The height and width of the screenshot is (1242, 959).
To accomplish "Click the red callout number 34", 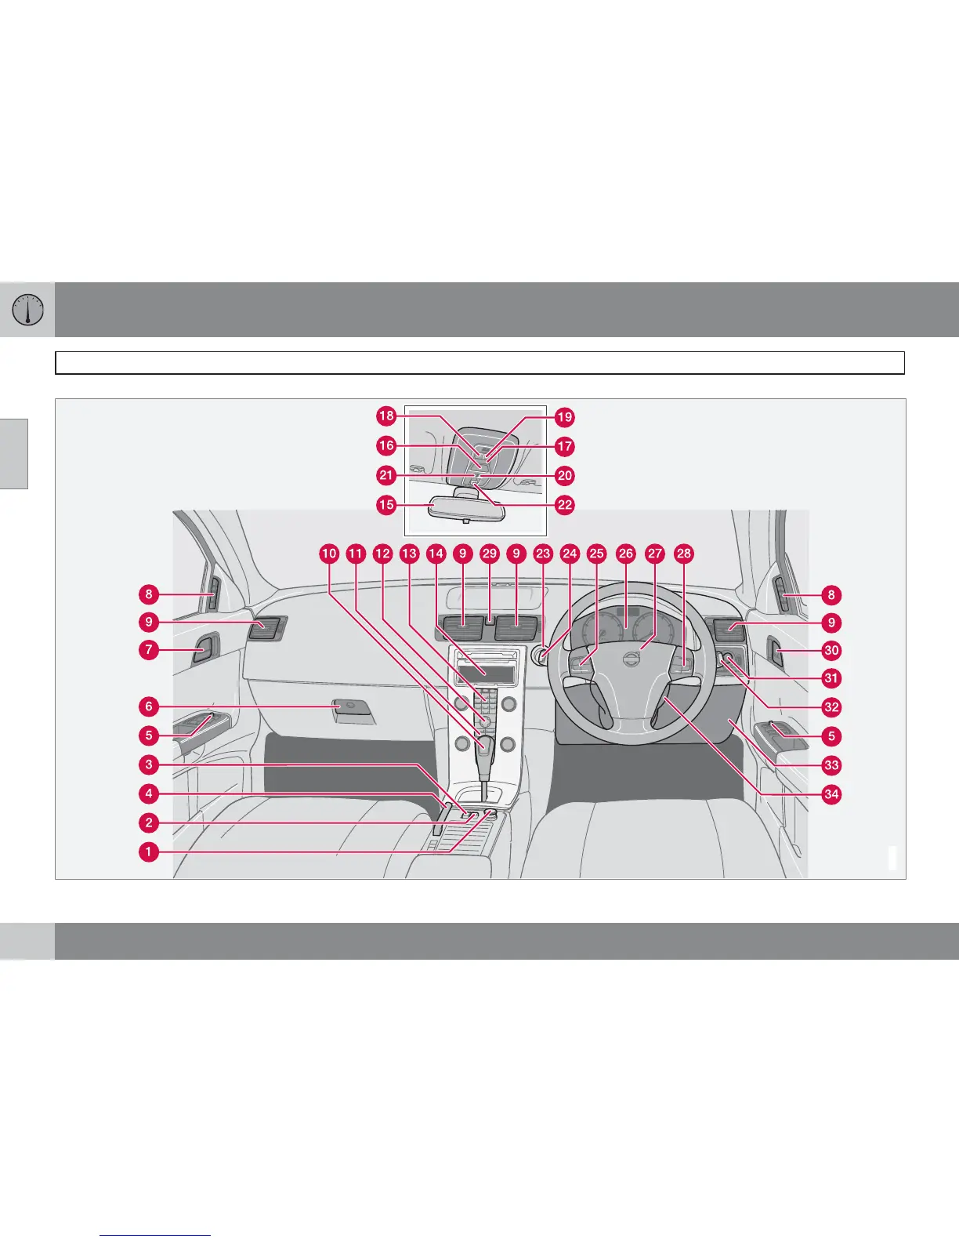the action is (x=831, y=794).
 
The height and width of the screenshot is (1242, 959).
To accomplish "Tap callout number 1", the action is (x=148, y=852).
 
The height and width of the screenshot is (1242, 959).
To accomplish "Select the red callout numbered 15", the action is (x=386, y=504).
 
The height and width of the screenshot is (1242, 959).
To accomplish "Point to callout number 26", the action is (x=625, y=554).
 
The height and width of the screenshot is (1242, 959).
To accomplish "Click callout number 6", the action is (x=148, y=706).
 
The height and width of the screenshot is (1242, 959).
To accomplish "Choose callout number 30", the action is (x=831, y=650).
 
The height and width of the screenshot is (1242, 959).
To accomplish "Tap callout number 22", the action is (x=565, y=504).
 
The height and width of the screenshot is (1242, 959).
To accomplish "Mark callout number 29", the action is (x=490, y=554).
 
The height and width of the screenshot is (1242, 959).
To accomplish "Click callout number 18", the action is (x=386, y=416).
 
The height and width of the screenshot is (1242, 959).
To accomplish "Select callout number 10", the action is (x=329, y=554).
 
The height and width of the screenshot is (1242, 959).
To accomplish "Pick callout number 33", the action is (x=831, y=764).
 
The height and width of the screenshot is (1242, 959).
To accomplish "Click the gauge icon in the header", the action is (x=28, y=310).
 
